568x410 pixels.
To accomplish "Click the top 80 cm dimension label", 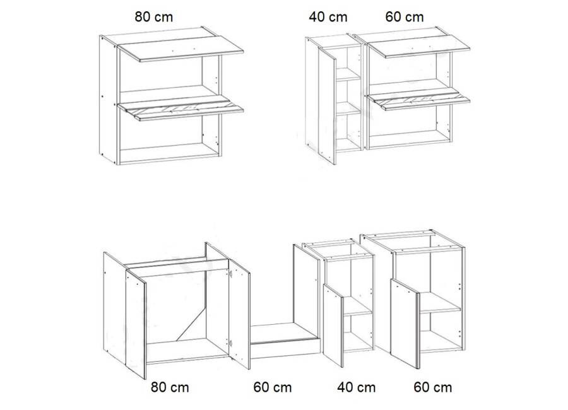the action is pos(153,17).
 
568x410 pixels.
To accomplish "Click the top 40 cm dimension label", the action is pos(328,17).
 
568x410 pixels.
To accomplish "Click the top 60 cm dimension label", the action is pos(405,17).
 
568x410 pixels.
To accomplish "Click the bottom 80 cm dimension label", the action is pos(170,387).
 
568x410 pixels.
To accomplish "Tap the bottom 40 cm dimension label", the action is pos(356,387).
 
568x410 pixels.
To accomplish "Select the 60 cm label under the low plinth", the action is pos(273,387).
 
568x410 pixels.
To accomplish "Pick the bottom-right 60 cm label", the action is pos(432,387).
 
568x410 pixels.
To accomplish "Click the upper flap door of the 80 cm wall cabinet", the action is pos(181,49).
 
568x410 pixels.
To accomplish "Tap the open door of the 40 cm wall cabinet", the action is pos(328,106).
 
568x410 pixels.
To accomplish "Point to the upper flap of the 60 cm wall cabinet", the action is pos(419,47).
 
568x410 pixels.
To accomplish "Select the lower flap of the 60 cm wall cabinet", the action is pos(419,99).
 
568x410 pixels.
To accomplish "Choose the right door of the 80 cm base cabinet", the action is pos(239,313).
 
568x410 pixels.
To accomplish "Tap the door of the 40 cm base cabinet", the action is pos(333,325).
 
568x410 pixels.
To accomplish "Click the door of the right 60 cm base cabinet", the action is pos(405,324).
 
